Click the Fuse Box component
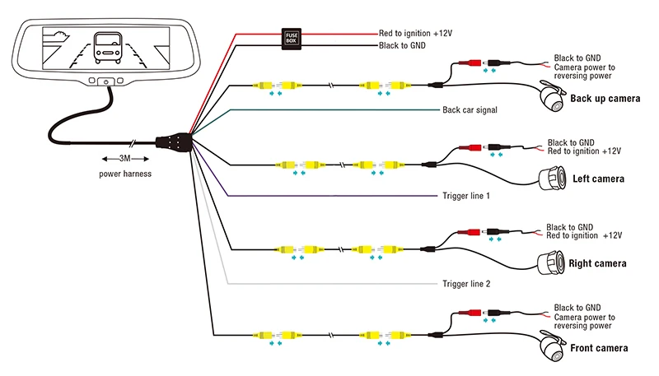pyautogui.click(x=292, y=39)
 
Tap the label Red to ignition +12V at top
pyautogui.click(x=415, y=33)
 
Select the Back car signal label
pyautogui.click(x=470, y=110)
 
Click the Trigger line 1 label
pyautogui.click(x=465, y=196)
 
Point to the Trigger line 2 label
pyautogui.click(x=466, y=284)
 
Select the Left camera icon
pyautogui.click(x=552, y=179)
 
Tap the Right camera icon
pyautogui.click(x=550, y=263)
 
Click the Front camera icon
pyautogui.click(x=552, y=346)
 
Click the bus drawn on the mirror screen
pyautogui.click(x=108, y=48)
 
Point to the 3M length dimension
pyautogui.click(x=125, y=159)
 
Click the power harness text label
pyautogui.click(x=125, y=174)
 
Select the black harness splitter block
pyautogui.click(x=174, y=142)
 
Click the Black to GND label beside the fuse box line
pyautogui.click(x=402, y=45)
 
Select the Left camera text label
pyautogui.click(x=599, y=179)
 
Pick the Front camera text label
pyautogui.click(x=599, y=348)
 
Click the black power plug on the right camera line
pyautogui.click(x=498, y=232)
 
